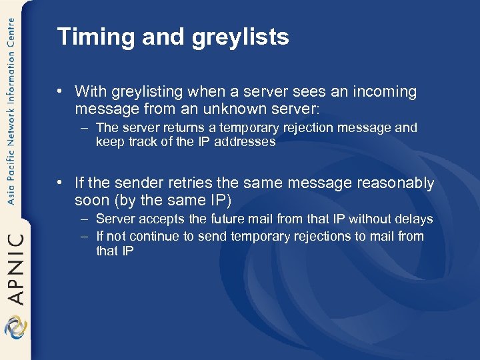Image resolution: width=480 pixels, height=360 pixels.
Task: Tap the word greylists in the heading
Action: tap(241, 37)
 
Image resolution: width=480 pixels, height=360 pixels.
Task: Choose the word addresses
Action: tap(245, 141)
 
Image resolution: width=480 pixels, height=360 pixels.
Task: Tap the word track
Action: tap(141, 141)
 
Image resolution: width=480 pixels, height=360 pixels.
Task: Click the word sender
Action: tap(141, 183)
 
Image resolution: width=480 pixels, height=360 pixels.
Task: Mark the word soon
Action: tap(92, 199)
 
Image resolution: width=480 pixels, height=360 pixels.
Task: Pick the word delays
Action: tap(414, 219)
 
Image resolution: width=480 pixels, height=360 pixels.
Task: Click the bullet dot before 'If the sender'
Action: tap(61, 183)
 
